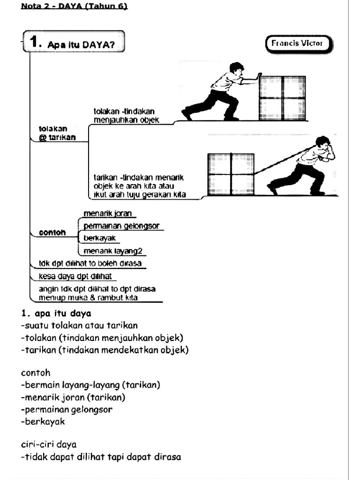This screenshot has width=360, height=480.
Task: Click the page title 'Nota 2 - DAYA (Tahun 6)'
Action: coord(74,7)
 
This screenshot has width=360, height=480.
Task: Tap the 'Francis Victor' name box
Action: coord(297,44)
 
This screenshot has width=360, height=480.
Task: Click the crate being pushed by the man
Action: coord(282,97)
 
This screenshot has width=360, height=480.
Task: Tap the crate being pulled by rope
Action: coord(231,174)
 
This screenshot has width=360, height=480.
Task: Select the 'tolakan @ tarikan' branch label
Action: coord(56,133)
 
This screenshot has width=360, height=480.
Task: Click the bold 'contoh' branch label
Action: coord(52,232)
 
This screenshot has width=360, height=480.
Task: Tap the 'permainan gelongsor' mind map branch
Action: coord(121,226)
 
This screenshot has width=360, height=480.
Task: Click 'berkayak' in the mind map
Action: coord(99,238)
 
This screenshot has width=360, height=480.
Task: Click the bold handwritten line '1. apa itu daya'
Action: coord(56,313)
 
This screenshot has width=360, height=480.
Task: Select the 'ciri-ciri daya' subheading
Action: coord(49,444)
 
